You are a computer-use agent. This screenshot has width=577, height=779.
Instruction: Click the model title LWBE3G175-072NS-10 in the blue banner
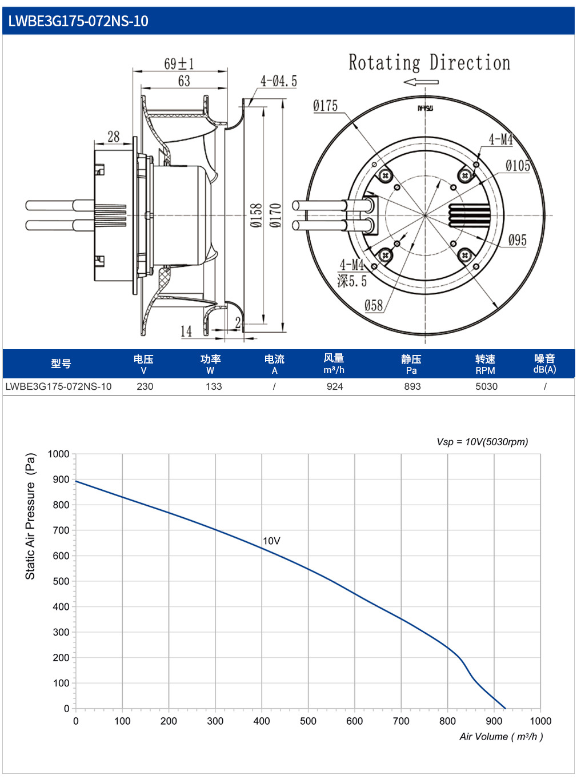click(78, 21)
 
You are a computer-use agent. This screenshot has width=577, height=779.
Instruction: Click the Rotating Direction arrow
click(420, 82)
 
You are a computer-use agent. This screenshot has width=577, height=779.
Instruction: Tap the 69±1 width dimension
click(179, 63)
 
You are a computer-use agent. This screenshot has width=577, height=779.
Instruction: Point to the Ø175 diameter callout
click(325, 106)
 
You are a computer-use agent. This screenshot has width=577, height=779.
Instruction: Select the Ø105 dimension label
click(518, 166)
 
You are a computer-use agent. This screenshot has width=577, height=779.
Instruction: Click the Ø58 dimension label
click(374, 305)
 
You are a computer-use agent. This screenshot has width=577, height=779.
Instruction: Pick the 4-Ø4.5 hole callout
click(278, 81)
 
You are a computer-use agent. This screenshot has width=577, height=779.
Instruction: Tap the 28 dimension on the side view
click(114, 137)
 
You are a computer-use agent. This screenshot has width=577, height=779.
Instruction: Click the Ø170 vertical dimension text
click(276, 215)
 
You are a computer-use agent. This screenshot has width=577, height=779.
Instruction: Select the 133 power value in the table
click(214, 386)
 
